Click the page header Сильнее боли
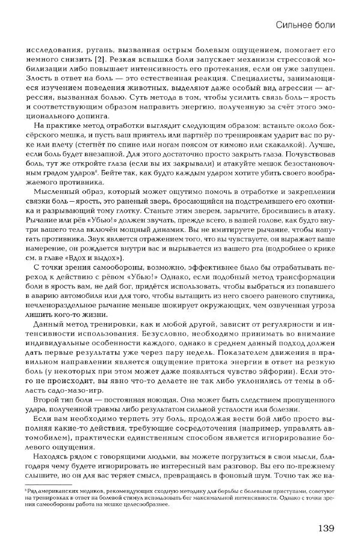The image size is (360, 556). [304, 25]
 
